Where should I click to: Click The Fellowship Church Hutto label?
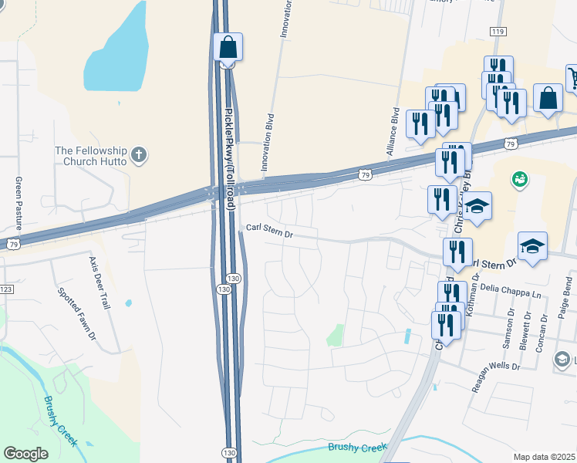[87, 156]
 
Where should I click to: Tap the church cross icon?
[139, 155]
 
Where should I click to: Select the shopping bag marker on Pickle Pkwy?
[228, 48]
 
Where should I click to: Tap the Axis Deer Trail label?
[100, 283]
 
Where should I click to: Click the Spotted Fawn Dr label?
[76, 314]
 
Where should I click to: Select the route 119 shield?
[498, 31]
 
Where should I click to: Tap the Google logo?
[26, 453]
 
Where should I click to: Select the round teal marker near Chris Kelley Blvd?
[520, 180]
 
